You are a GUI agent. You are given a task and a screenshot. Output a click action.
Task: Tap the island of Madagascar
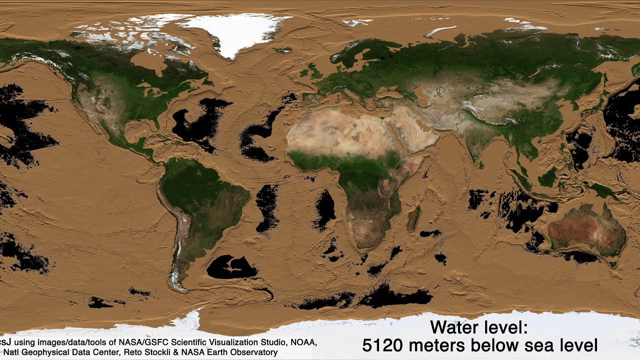[413, 218]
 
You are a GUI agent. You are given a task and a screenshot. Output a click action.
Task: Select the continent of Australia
[587, 227]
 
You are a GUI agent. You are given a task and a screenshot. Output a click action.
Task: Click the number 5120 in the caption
[382, 345]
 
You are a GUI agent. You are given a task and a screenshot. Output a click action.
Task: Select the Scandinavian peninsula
[350, 55]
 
